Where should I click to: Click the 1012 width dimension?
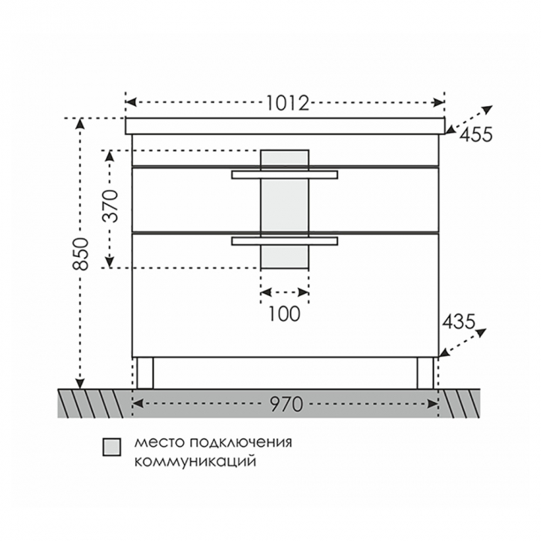(x=288, y=102)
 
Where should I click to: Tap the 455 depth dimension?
(x=476, y=134)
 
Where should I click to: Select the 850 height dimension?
(x=81, y=254)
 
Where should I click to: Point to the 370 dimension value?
(x=110, y=206)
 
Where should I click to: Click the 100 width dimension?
(x=284, y=314)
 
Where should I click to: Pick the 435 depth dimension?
(x=459, y=322)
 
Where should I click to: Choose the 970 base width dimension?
(x=286, y=404)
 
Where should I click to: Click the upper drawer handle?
(x=285, y=174)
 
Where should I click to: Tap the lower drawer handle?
(x=285, y=241)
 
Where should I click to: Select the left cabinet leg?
(x=145, y=373)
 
